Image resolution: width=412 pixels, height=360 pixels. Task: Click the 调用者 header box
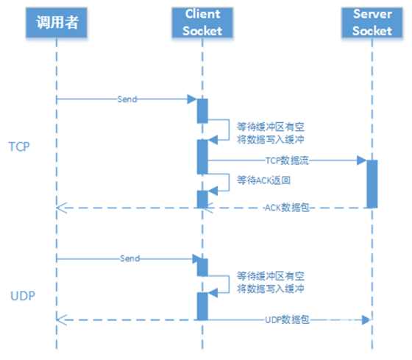click(57, 22)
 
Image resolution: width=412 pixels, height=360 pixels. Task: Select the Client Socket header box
click(202, 22)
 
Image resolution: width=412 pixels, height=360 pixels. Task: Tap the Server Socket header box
click(372, 22)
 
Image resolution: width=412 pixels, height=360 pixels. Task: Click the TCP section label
click(19, 147)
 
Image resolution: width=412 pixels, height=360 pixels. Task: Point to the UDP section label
click(23, 296)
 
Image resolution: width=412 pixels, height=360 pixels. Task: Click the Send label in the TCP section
click(127, 99)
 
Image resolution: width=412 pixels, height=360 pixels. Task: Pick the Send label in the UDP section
click(129, 258)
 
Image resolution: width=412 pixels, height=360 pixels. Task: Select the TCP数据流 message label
click(287, 160)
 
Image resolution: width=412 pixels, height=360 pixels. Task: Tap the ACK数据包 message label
click(287, 208)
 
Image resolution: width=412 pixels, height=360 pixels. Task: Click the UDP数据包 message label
click(287, 320)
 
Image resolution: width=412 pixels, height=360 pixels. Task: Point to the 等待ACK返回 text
click(263, 180)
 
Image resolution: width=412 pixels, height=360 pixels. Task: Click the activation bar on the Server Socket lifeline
click(372, 184)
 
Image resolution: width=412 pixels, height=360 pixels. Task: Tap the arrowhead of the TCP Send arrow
click(192, 99)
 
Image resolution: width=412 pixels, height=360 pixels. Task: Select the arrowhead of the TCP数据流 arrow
click(361, 160)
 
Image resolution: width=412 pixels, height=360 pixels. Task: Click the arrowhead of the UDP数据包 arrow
click(366, 320)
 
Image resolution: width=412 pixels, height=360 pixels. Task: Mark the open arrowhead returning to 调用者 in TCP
click(62, 208)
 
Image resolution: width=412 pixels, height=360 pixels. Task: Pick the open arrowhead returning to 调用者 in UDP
click(62, 320)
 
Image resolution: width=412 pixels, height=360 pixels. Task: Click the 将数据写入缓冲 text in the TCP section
click(271, 139)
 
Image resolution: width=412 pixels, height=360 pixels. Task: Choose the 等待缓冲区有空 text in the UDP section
click(271, 276)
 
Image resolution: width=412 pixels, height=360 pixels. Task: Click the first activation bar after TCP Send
click(202, 111)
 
